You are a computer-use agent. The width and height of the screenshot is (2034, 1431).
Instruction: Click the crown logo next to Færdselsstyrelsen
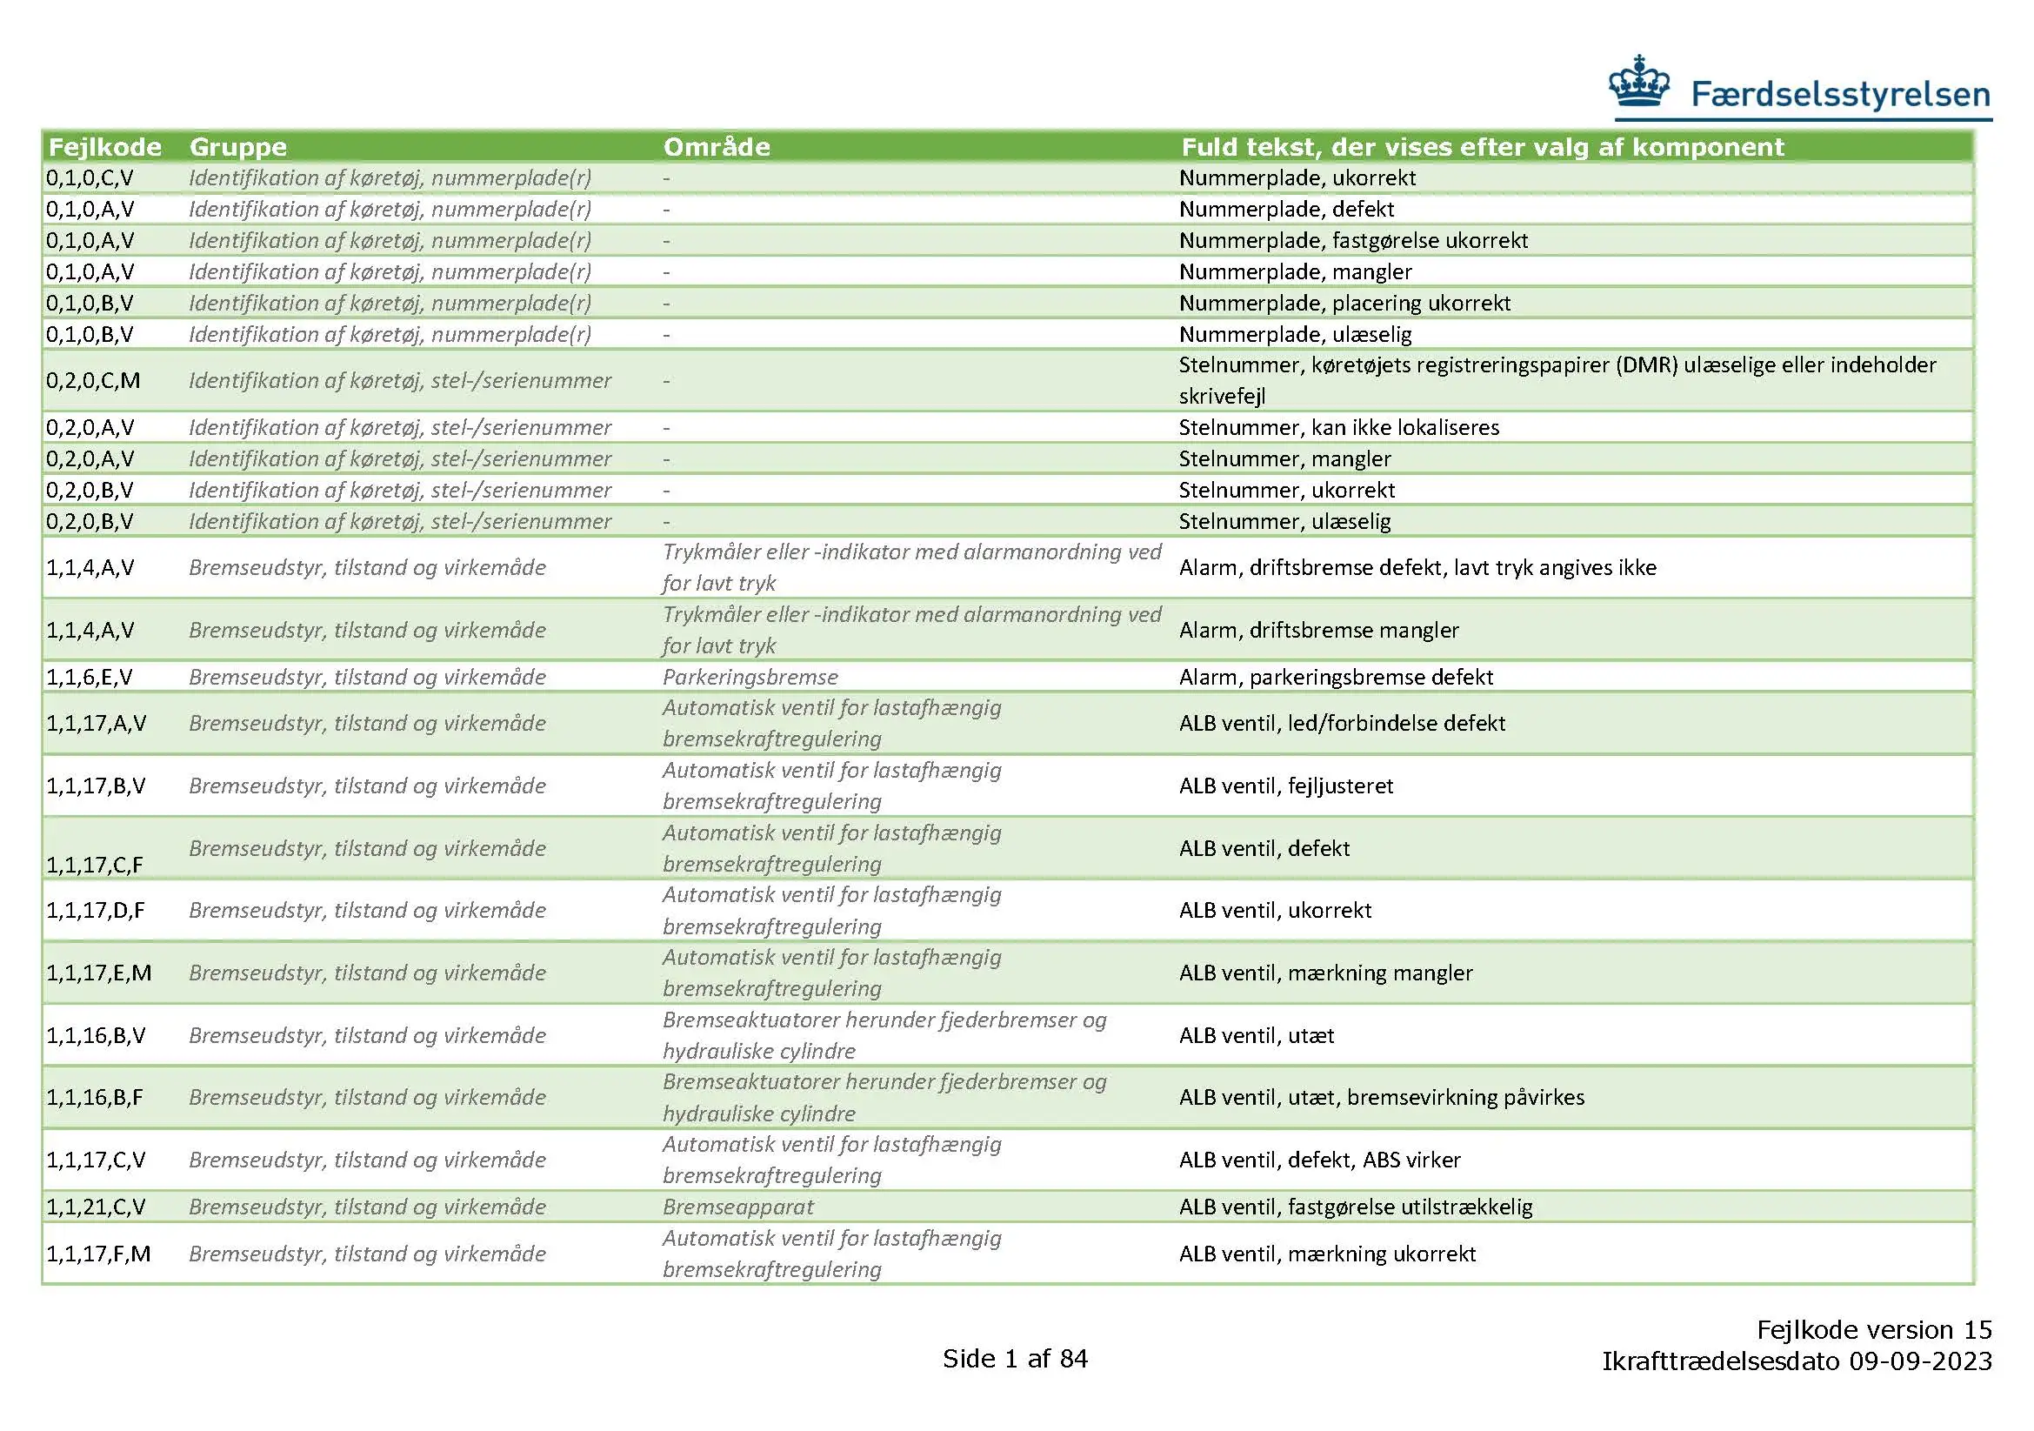[x=1639, y=84]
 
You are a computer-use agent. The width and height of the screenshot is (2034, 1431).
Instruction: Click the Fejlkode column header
[x=104, y=147]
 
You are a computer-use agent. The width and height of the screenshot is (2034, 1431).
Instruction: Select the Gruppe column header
[x=237, y=147]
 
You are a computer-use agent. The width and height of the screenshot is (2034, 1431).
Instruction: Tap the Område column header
[x=716, y=147]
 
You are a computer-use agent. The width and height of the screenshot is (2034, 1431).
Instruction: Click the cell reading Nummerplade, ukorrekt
[x=1296, y=178]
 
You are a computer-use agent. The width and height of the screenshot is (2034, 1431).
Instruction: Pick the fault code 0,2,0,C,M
[x=93, y=381]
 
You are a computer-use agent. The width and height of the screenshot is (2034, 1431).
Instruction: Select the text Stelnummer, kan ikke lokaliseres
[x=1337, y=428]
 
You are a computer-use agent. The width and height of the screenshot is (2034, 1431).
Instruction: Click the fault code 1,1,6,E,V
[x=90, y=678]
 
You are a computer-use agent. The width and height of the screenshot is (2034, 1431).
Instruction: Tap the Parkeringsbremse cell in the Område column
[x=750, y=678]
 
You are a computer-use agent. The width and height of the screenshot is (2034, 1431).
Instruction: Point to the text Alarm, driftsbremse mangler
[x=1318, y=631]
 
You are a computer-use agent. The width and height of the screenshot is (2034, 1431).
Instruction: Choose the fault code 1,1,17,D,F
[x=95, y=911]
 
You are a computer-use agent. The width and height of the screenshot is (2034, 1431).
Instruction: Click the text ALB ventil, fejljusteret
[x=1285, y=786]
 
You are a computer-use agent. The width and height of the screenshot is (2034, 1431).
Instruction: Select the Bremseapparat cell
[x=737, y=1207]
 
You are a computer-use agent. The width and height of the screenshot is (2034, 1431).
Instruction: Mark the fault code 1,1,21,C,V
[x=96, y=1207]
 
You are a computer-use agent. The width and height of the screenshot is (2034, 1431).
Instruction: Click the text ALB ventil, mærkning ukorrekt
[x=1326, y=1254]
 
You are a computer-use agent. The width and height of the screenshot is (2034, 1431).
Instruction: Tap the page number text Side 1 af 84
[x=1014, y=1359]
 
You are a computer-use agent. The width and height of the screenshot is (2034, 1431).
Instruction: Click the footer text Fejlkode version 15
[x=1874, y=1330]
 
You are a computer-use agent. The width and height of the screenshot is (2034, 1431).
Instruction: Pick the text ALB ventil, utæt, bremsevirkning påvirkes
[x=1380, y=1098]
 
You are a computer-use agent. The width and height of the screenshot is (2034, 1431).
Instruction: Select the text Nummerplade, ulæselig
[x=1294, y=335]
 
